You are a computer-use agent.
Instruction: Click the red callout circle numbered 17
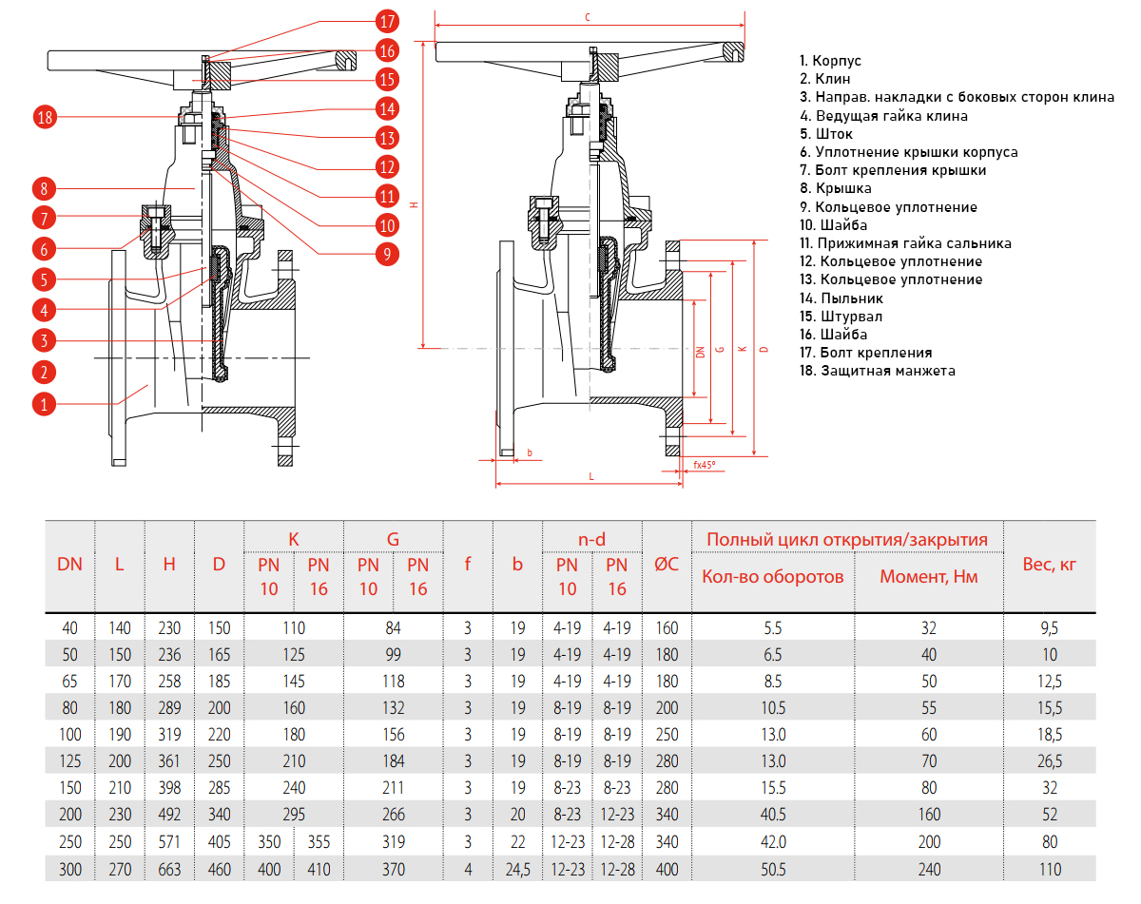387,20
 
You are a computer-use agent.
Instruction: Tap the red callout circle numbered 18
45,118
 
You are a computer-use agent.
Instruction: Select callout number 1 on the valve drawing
45,404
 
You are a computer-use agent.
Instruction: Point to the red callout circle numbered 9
387,253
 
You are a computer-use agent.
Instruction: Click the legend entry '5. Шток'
826,134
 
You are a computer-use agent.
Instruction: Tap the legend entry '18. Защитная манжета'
877,371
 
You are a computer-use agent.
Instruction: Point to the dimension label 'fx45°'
704,465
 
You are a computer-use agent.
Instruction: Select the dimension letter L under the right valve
590,475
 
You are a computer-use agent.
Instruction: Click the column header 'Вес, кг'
1050,564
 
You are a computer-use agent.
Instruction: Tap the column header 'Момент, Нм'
929,576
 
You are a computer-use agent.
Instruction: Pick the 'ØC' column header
667,564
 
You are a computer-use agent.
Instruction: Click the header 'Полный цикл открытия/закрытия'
847,540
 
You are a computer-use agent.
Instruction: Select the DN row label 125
70,760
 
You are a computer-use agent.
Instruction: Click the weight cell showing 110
1050,869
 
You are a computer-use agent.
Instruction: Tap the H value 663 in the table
169,869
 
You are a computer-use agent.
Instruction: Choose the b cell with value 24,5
517,869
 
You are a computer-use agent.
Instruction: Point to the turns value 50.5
773,869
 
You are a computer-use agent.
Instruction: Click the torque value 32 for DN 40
929,627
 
